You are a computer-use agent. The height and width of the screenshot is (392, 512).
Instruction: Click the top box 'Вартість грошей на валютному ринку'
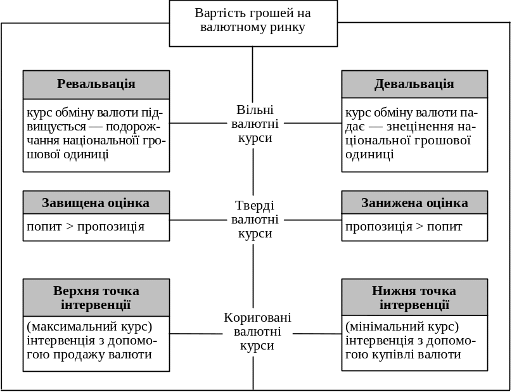[x=253, y=22]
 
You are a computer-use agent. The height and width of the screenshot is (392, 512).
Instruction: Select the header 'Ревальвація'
[x=96, y=84]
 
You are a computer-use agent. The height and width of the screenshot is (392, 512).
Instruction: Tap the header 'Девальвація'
[x=414, y=84]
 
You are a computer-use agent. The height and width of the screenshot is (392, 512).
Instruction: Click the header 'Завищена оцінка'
[x=96, y=203]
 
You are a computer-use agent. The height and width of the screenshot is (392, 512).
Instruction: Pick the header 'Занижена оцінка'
[x=414, y=203]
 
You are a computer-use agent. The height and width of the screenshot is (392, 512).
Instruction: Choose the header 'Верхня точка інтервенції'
[x=96, y=298]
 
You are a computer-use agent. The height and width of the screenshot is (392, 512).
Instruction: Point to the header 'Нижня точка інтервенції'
[x=414, y=298]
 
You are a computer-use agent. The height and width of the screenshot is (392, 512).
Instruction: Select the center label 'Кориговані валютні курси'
[x=257, y=331]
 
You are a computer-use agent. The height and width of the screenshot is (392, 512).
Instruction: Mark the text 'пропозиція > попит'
[x=404, y=227]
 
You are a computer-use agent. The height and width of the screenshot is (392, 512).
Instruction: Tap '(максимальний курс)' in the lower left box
[x=89, y=327]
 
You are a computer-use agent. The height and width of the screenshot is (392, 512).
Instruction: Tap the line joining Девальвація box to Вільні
[x=312, y=123]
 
